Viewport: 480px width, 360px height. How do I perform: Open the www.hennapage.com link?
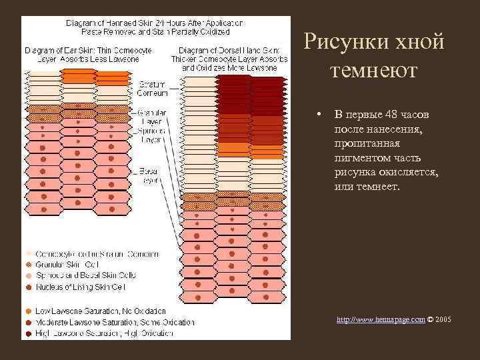pyautogui.click(x=381, y=320)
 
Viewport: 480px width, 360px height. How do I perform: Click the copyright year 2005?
pyautogui.click(x=443, y=320)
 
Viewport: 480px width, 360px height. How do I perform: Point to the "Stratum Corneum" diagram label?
pyautogui.click(x=152, y=89)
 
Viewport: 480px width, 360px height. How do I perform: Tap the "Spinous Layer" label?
pyautogui.click(x=152, y=136)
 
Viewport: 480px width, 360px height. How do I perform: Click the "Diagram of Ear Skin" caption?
pyautogui.click(x=88, y=54)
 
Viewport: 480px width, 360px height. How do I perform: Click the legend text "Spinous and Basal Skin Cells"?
pyautogui.click(x=87, y=275)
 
